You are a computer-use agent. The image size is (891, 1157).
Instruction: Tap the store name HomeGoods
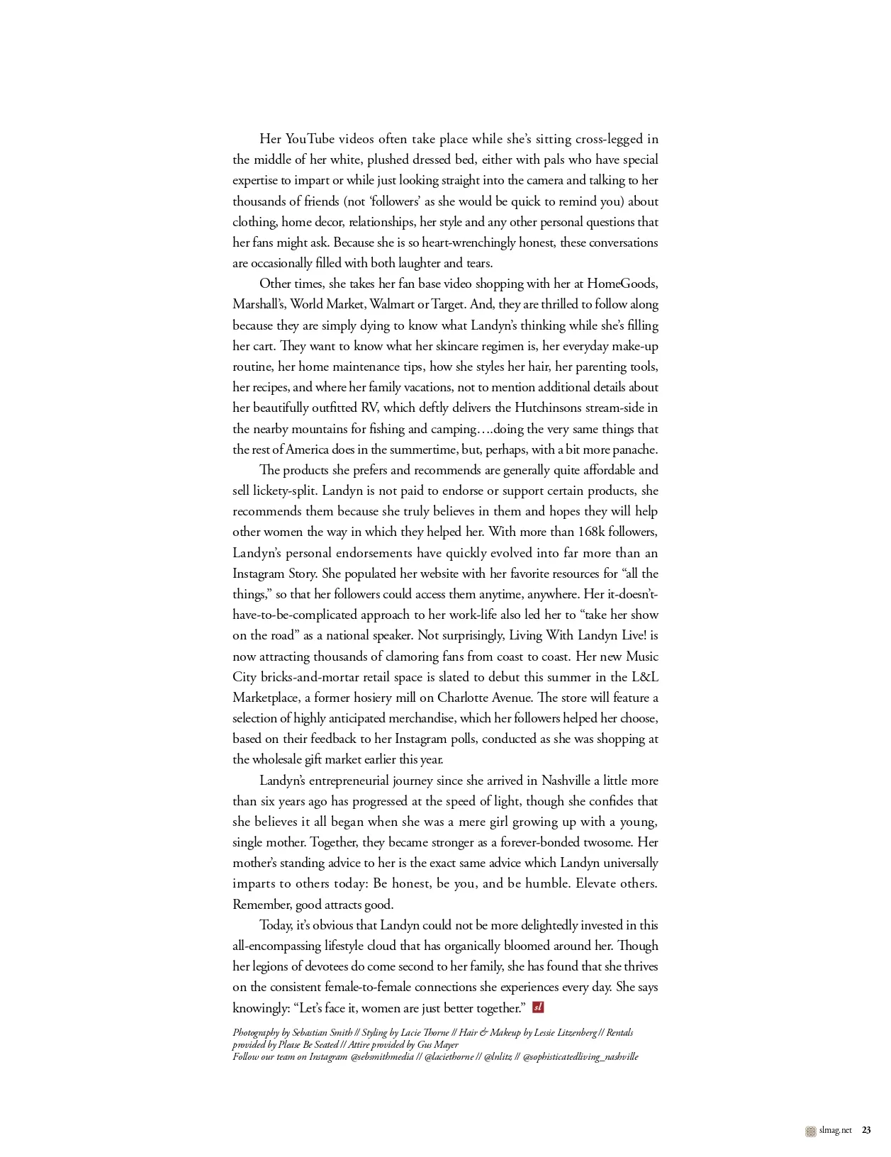tap(622, 284)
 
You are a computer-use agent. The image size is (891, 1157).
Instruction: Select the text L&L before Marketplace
tap(644, 677)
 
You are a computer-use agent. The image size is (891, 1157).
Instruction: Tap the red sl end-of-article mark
tap(538, 1007)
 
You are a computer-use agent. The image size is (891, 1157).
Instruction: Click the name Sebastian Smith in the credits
tap(322, 1033)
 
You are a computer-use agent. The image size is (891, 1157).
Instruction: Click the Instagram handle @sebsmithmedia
tap(382, 1057)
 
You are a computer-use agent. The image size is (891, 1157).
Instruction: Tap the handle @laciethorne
tap(449, 1057)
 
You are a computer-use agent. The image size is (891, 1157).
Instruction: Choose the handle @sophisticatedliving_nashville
tap(581, 1057)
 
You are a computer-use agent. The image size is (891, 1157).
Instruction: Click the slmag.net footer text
tap(835, 1131)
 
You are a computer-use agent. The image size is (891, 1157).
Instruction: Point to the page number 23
tap(866, 1131)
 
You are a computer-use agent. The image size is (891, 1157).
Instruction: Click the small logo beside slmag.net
tap(811, 1131)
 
